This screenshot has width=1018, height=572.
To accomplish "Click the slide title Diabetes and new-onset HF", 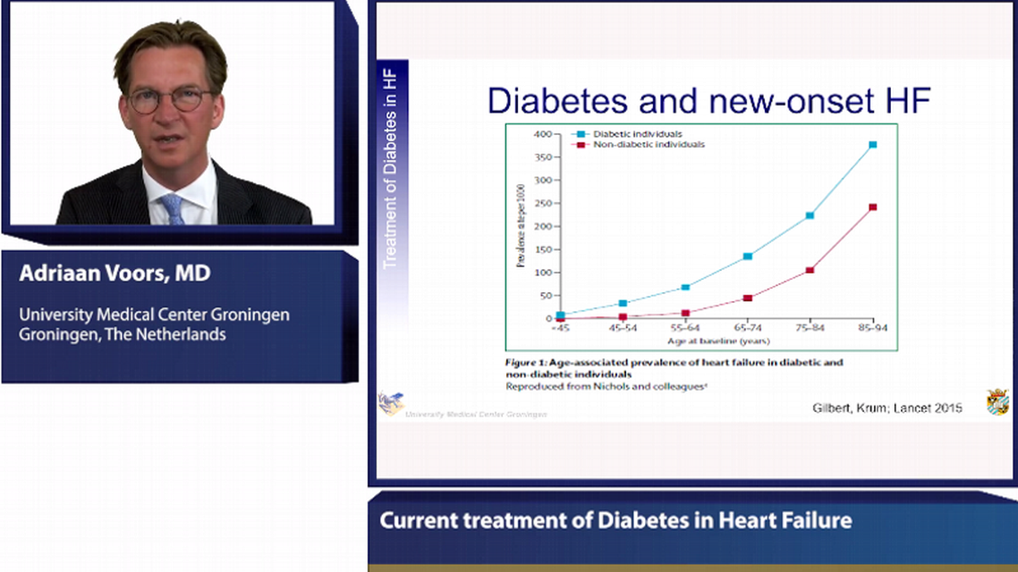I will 708,101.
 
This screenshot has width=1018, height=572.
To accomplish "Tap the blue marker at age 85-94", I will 872,144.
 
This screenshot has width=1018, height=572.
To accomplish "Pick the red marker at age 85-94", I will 872,207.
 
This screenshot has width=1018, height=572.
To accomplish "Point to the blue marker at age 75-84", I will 810,215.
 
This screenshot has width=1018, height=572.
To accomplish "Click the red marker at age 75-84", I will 810,270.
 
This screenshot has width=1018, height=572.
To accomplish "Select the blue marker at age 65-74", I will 748,257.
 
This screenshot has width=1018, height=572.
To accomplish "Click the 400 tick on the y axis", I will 542,134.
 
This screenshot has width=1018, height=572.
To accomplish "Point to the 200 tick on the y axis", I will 542,226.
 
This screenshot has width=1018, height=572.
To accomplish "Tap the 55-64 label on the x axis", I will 685,329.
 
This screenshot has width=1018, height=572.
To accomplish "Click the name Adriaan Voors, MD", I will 115,273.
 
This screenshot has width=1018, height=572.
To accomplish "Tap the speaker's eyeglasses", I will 170,100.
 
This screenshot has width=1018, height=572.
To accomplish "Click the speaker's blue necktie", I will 173,209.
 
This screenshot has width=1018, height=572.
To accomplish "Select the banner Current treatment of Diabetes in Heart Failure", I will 615,520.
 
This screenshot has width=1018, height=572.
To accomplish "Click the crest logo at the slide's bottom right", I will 997,401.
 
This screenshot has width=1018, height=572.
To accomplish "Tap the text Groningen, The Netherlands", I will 122,335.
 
